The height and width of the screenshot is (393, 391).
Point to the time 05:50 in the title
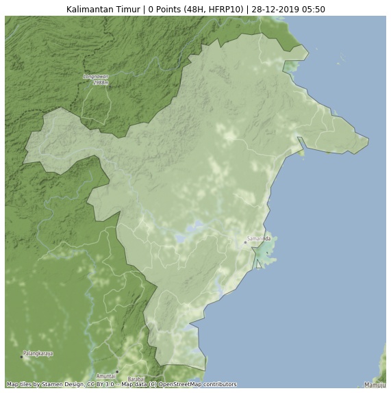pos(313,10)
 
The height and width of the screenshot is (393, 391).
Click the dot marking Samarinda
pos(245,242)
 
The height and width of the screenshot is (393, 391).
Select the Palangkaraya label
pos(38,353)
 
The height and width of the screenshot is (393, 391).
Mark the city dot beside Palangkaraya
pos(21,357)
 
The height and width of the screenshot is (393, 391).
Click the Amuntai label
pos(106,376)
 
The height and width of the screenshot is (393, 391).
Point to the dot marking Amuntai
pos(116,372)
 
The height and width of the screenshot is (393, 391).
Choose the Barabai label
pos(136,379)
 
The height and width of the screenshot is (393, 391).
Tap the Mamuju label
pos(375,385)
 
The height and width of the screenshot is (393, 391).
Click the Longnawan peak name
pos(96,76)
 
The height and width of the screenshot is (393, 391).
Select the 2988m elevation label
pos(101,82)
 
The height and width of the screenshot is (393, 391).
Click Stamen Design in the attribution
pos(63,385)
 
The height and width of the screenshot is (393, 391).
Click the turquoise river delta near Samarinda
pos(264,255)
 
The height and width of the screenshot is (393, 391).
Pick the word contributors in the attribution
pos(222,385)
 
